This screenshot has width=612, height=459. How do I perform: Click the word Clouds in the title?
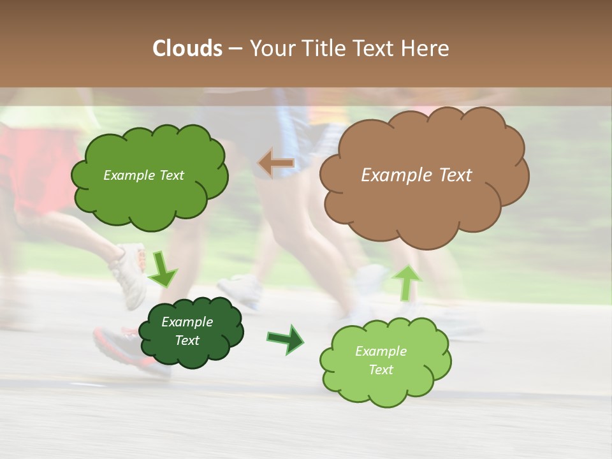click(187, 48)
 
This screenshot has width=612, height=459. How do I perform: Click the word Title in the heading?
click(321, 48)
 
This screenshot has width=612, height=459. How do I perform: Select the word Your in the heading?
click(272, 48)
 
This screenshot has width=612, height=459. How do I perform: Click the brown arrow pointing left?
click(275, 164)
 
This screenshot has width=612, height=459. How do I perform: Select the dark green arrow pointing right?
click(286, 339)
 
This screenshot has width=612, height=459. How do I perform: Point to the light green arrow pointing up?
click(407, 282)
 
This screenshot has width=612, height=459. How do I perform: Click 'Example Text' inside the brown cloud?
click(416, 175)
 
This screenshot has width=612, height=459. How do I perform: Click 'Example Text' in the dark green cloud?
click(187, 331)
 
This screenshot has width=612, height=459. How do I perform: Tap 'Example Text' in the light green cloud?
click(381, 360)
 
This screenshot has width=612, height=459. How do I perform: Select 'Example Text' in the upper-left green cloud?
click(143, 175)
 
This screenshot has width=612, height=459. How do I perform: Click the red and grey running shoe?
click(121, 347)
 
